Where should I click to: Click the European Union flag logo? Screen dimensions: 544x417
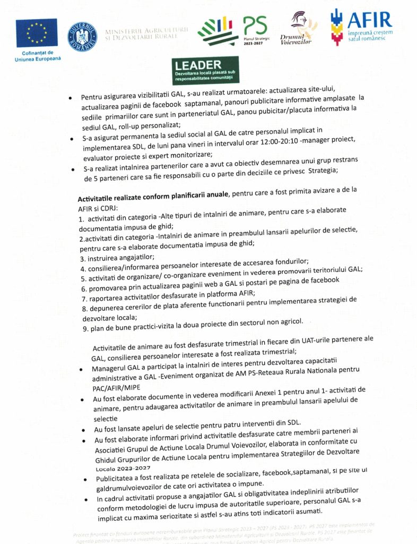click(37, 33)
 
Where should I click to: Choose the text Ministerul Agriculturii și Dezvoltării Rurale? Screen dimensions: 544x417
click(147, 36)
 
